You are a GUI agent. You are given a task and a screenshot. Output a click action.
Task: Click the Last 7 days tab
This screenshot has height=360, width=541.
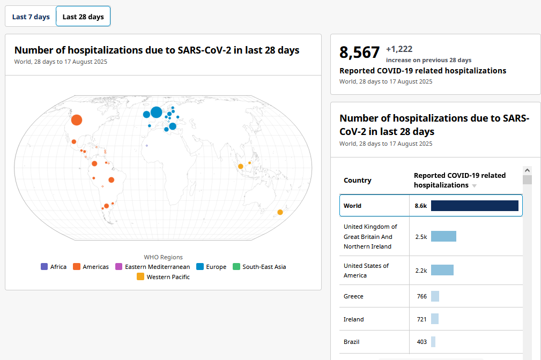[31, 17]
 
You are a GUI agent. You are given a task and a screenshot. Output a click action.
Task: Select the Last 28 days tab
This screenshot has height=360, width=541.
[83, 17]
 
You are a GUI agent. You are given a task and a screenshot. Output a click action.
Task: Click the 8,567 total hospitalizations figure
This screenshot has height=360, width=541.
[360, 52]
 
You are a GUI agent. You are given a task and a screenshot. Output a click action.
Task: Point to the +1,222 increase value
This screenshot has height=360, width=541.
[399, 49]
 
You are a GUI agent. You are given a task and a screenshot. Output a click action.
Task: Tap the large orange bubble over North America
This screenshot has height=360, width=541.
[77, 120]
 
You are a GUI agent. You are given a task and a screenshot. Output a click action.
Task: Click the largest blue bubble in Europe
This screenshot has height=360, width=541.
[157, 112]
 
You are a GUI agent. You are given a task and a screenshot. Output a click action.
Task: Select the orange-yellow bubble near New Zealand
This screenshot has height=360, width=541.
[280, 212]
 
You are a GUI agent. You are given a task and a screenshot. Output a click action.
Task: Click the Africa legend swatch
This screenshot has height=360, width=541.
[44, 267]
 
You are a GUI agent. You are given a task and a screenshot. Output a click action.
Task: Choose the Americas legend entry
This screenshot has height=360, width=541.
[91, 267]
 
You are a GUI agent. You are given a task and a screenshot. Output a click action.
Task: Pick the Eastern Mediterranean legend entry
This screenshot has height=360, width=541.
[152, 267]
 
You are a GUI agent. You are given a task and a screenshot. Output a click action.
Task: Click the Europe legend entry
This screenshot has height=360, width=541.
[211, 267]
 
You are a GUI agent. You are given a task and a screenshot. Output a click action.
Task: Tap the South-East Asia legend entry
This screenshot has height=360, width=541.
[260, 267]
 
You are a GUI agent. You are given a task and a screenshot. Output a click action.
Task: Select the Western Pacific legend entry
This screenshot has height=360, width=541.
[163, 276]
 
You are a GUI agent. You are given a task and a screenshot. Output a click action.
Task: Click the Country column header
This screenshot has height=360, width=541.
[358, 181]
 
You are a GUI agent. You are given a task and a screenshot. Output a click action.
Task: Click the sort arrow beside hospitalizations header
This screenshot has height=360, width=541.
[475, 186]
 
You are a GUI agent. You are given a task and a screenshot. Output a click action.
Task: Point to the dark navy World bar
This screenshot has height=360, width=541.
[475, 206]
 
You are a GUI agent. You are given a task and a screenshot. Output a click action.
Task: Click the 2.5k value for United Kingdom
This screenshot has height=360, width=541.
[421, 237]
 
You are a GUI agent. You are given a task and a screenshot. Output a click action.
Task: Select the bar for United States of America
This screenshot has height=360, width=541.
[442, 270]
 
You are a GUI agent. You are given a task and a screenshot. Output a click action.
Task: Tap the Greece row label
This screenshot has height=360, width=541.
[353, 296]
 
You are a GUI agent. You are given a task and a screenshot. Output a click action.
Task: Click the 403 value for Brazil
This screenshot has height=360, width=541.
[421, 342]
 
